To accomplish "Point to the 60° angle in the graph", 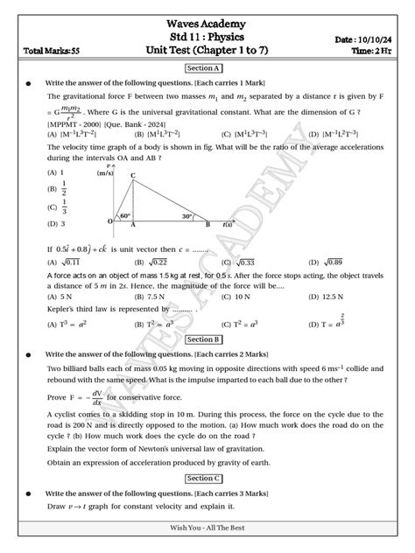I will (125, 216).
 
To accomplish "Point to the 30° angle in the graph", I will (187, 216).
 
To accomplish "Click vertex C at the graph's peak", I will (132, 176).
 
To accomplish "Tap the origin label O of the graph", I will (110, 222).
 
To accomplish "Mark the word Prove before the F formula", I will (58, 396).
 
